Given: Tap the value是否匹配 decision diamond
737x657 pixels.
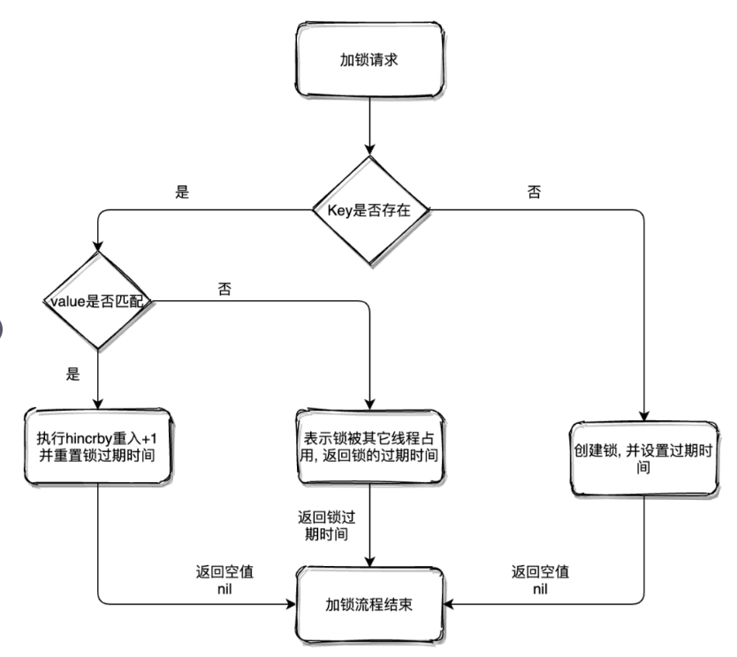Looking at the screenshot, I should [96, 302].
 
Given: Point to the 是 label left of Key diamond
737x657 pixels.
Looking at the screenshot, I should [183, 193].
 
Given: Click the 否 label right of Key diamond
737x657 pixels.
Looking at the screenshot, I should [534, 193].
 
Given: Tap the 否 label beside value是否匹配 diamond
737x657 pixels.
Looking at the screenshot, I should [224, 289].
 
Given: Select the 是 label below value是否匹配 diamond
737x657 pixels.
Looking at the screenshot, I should [72, 374].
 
